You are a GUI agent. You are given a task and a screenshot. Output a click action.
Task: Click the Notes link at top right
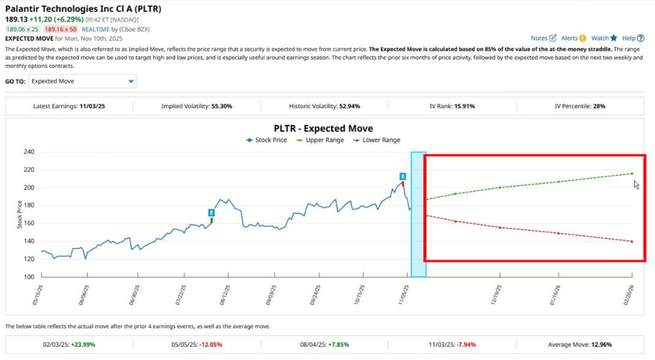click(x=543, y=38)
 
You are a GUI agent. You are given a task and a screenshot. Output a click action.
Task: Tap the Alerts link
click(x=573, y=38)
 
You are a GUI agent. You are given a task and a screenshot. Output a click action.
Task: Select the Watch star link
click(x=604, y=38)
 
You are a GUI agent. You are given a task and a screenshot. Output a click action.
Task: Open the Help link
click(x=632, y=38)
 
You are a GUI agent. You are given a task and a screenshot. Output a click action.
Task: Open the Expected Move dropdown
click(x=83, y=81)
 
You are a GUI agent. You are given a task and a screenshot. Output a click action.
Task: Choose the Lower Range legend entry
click(x=376, y=140)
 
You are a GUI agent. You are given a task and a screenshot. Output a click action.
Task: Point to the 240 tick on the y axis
click(x=29, y=152)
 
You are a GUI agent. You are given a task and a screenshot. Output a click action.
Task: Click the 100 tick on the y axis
click(x=29, y=277)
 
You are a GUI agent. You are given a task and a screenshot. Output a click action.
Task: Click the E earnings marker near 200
click(x=403, y=176)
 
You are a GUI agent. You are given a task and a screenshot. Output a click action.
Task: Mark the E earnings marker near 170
click(x=211, y=212)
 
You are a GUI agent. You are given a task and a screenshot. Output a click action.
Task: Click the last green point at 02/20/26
click(x=632, y=173)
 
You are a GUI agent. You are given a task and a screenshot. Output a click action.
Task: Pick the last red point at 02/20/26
click(x=632, y=241)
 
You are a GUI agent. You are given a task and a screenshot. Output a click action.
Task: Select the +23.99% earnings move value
click(x=83, y=344)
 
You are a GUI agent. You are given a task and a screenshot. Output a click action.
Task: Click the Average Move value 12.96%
click(x=600, y=344)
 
